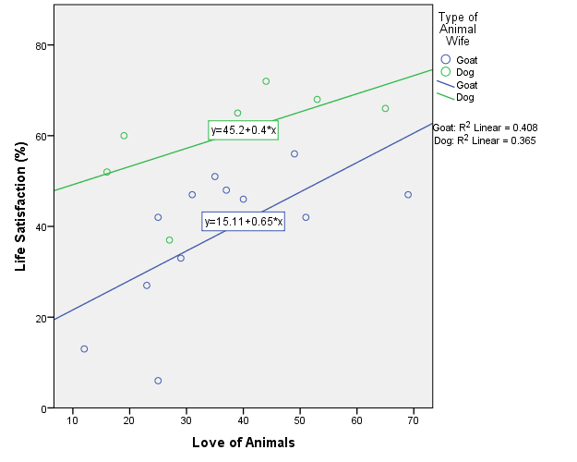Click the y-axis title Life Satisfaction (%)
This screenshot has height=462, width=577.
pyautogui.click(x=20, y=208)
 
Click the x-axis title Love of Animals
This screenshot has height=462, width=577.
pyautogui.click(x=244, y=443)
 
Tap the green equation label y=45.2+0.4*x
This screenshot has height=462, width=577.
pyautogui.click(x=244, y=130)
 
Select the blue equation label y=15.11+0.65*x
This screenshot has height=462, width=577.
pyautogui.click(x=244, y=222)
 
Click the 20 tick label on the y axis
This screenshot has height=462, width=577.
pyautogui.click(x=41, y=318)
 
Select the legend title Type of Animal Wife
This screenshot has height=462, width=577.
pyautogui.click(x=458, y=29)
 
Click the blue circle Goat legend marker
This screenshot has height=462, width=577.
pyautogui.click(x=445, y=59)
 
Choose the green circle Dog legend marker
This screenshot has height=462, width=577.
pyautogui.click(x=445, y=71)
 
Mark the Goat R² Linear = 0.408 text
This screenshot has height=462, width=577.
pyautogui.click(x=486, y=128)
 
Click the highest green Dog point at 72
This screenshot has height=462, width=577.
pyautogui.click(x=266, y=81)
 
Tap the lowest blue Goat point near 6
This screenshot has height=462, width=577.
pyautogui.click(x=158, y=381)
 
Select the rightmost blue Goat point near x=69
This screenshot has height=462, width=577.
pyautogui.click(x=408, y=195)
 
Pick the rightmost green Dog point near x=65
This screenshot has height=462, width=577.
pyautogui.click(x=385, y=108)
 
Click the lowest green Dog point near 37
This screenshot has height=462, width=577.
pyautogui.click(x=169, y=240)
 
